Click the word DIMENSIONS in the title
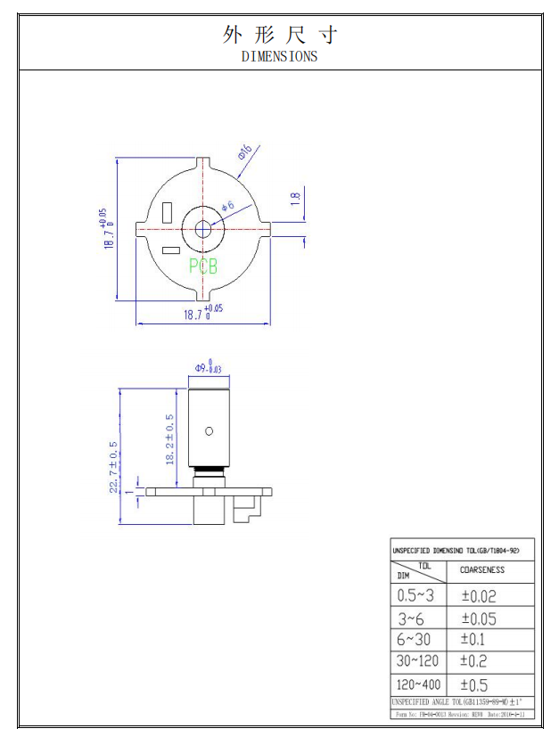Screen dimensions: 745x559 [279, 56]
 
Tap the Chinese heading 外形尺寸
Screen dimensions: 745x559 [279, 35]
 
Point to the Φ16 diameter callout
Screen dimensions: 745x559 [245, 151]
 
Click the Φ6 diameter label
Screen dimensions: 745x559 [226, 208]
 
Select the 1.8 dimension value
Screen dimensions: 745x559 [296, 199]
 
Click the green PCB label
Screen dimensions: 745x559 [203, 266]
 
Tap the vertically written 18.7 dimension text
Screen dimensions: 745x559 [106, 229]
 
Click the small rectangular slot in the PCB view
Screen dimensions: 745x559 [168, 214]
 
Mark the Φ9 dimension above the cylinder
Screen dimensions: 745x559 [209, 366]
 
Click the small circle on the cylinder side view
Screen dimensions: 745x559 [210, 431]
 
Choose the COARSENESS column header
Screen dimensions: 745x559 [481, 570]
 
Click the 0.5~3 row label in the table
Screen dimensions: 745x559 [415, 596]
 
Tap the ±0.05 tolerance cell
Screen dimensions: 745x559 [479, 618]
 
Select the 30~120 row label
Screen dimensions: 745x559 [417, 661]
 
